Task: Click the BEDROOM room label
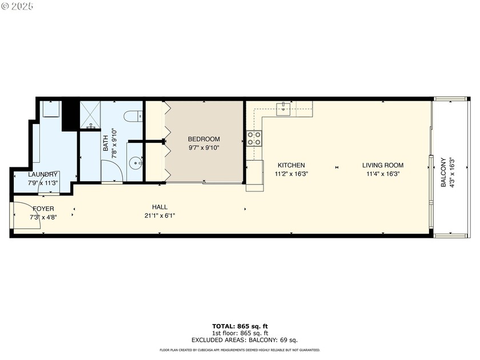tap(203, 139)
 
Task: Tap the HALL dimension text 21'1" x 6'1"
tap(159, 215)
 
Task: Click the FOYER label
tap(43, 209)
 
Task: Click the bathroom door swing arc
tap(112, 170)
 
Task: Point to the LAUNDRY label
tap(43, 174)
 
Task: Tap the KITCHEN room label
tap(291, 165)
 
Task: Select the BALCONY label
tap(443, 173)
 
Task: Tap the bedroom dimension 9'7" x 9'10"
tap(203, 147)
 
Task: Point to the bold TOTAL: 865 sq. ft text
tap(240, 326)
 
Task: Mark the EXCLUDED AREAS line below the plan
tap(240, 339)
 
